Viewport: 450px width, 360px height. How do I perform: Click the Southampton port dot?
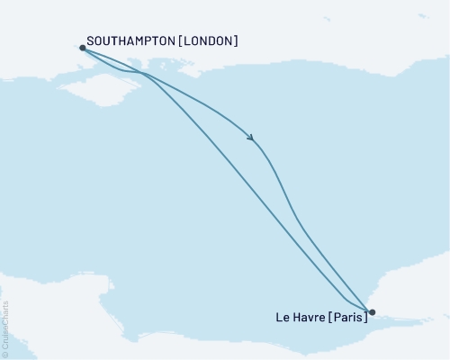tap(83, 49)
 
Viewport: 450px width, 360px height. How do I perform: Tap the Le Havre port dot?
tap(372, 313)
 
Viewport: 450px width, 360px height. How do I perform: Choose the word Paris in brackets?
tap(348, 317)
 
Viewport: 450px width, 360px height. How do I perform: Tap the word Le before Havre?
tap(280, 317)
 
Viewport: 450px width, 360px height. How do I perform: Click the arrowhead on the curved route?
tap(251, 138)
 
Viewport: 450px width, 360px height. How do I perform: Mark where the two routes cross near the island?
tap(144, 73)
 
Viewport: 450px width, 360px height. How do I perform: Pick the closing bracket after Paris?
tap(366, 317)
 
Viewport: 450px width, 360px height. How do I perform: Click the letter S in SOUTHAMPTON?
tap(92, 41)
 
